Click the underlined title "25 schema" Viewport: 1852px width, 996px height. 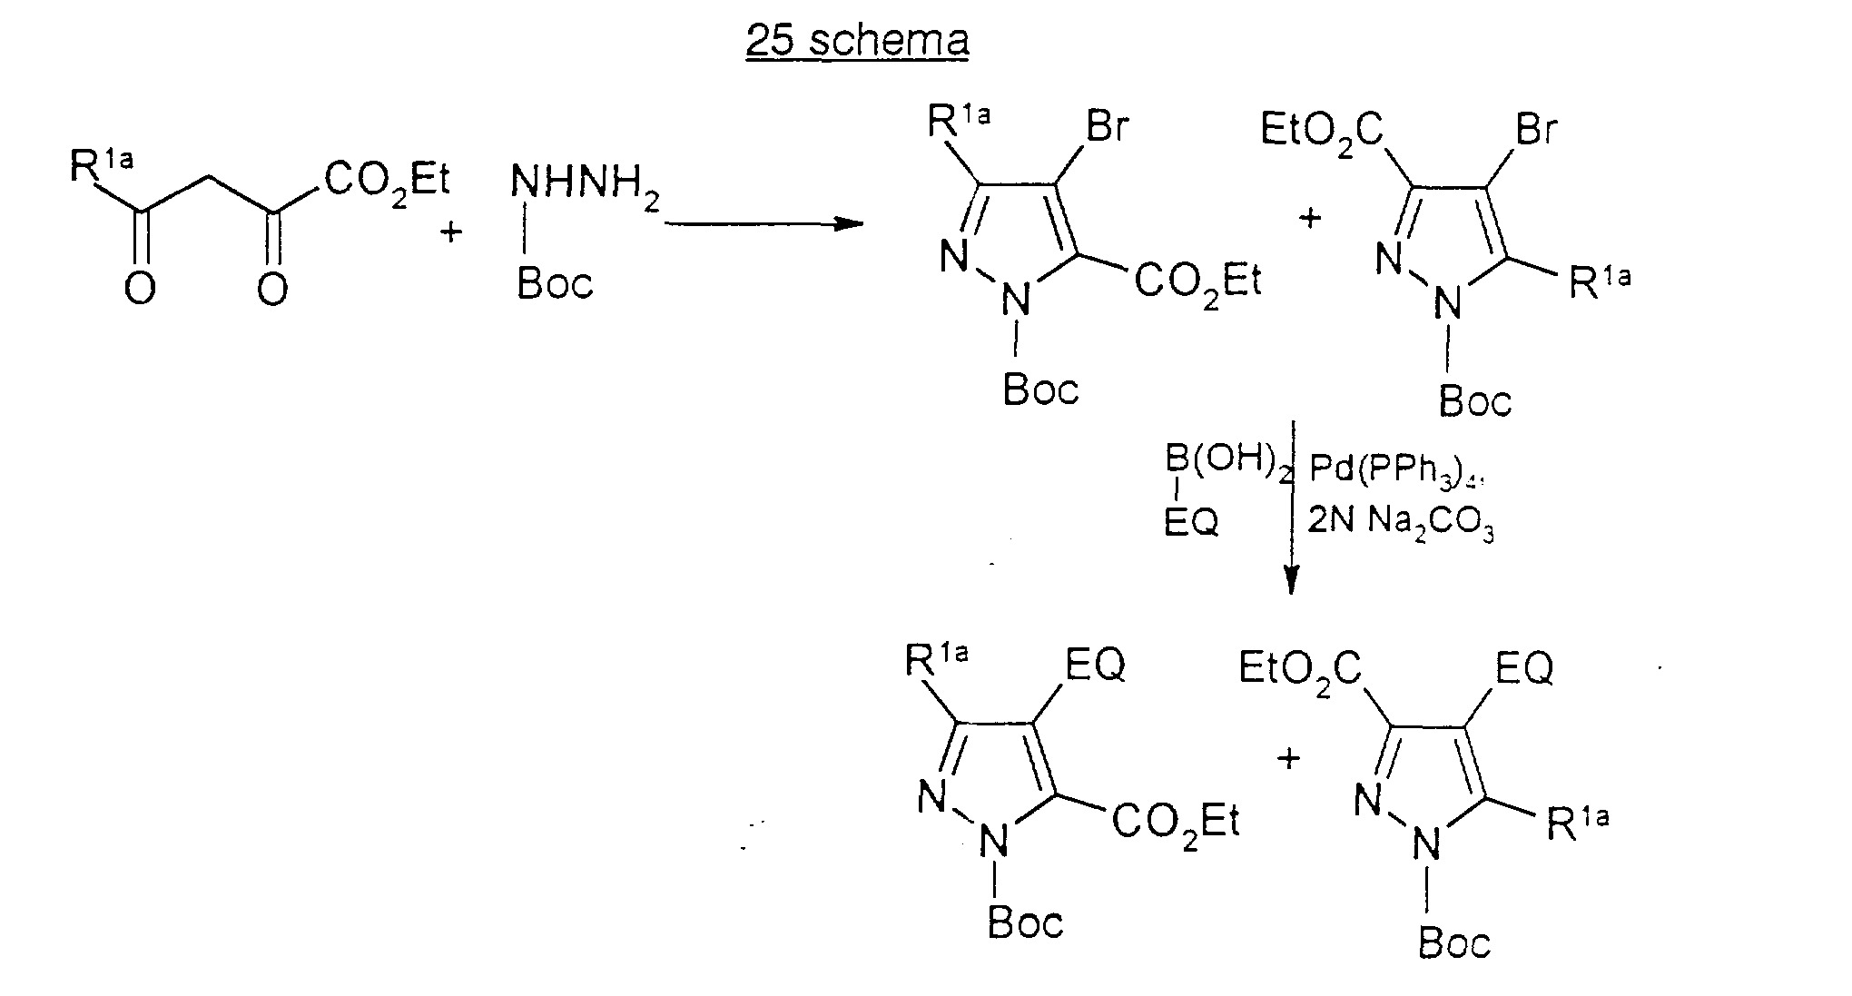(x=857, y=41)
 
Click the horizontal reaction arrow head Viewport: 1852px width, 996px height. (x=849, y=222)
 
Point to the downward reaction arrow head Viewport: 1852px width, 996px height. (x=1291, y=580)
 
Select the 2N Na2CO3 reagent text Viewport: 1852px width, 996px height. (x=1400, y=525)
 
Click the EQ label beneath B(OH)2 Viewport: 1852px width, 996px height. (x=1191, y=522)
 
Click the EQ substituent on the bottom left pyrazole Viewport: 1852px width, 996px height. (x=1096, y=666)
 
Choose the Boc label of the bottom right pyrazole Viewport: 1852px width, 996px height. (x=1454, y=942)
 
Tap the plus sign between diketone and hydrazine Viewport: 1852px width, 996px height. (x=450, y=232)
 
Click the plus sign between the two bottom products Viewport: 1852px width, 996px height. (x=1287, y=757)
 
